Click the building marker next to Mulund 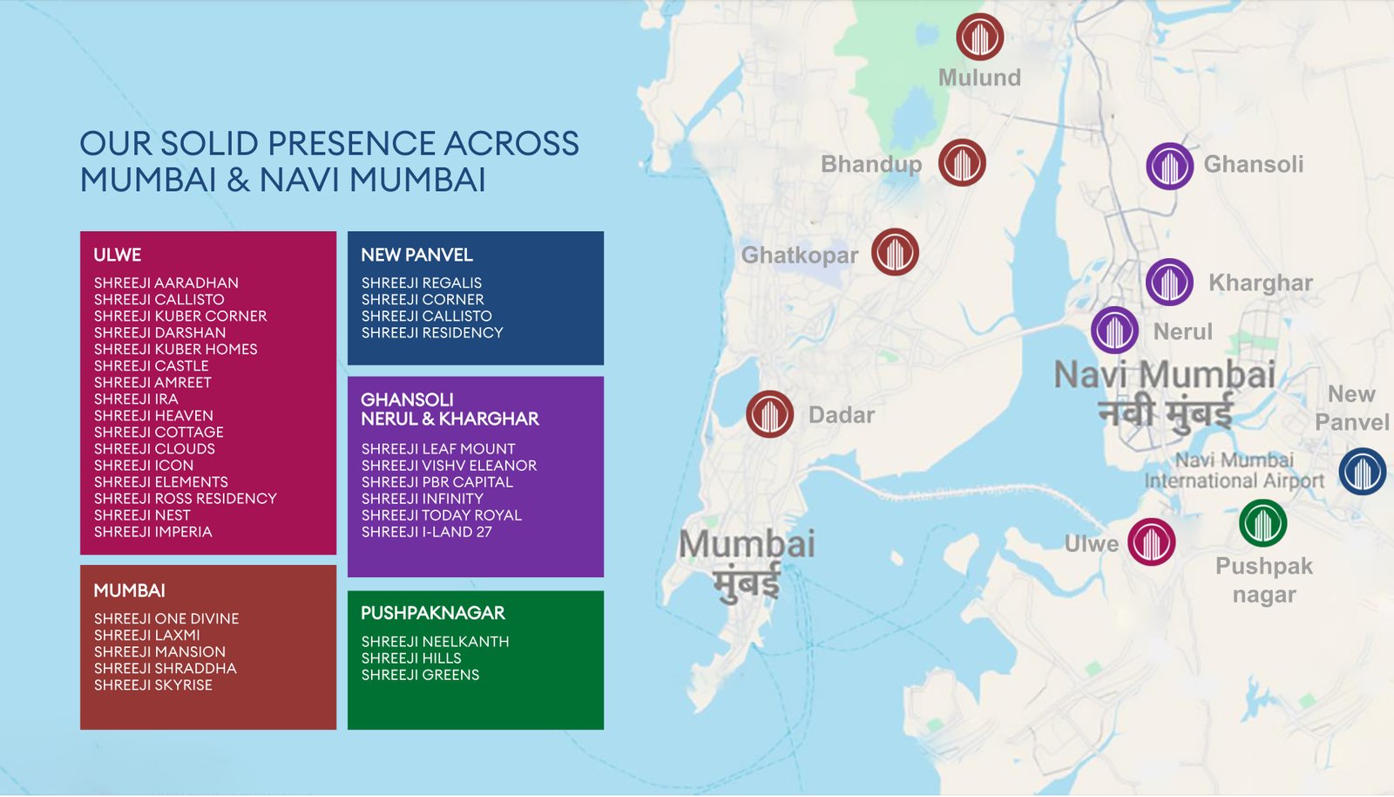tap(979, 37)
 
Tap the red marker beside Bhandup tap(962, 162)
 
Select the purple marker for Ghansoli tap(1169, 166)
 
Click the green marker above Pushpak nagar tap(1262, 523)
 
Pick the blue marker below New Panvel tap(1362, 472)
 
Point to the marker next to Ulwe tap(1151, 542)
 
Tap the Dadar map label tap(841, 415)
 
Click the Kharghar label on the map tap(1260, 283)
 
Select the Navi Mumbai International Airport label tap(1234, 471)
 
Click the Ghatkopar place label tap(799, 255)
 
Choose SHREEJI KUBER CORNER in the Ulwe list tap(180, 316)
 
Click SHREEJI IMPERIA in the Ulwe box tap(152, 532)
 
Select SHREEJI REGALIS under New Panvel tap(421, 283)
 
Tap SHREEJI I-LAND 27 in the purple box tap(426, 532)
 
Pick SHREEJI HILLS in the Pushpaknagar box tap(411, 658)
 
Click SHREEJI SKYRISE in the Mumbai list tap(152, 685)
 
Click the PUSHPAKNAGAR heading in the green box tap(433, 613)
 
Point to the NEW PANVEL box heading tap(416, 255)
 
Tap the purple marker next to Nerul tap(1114, 330)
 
